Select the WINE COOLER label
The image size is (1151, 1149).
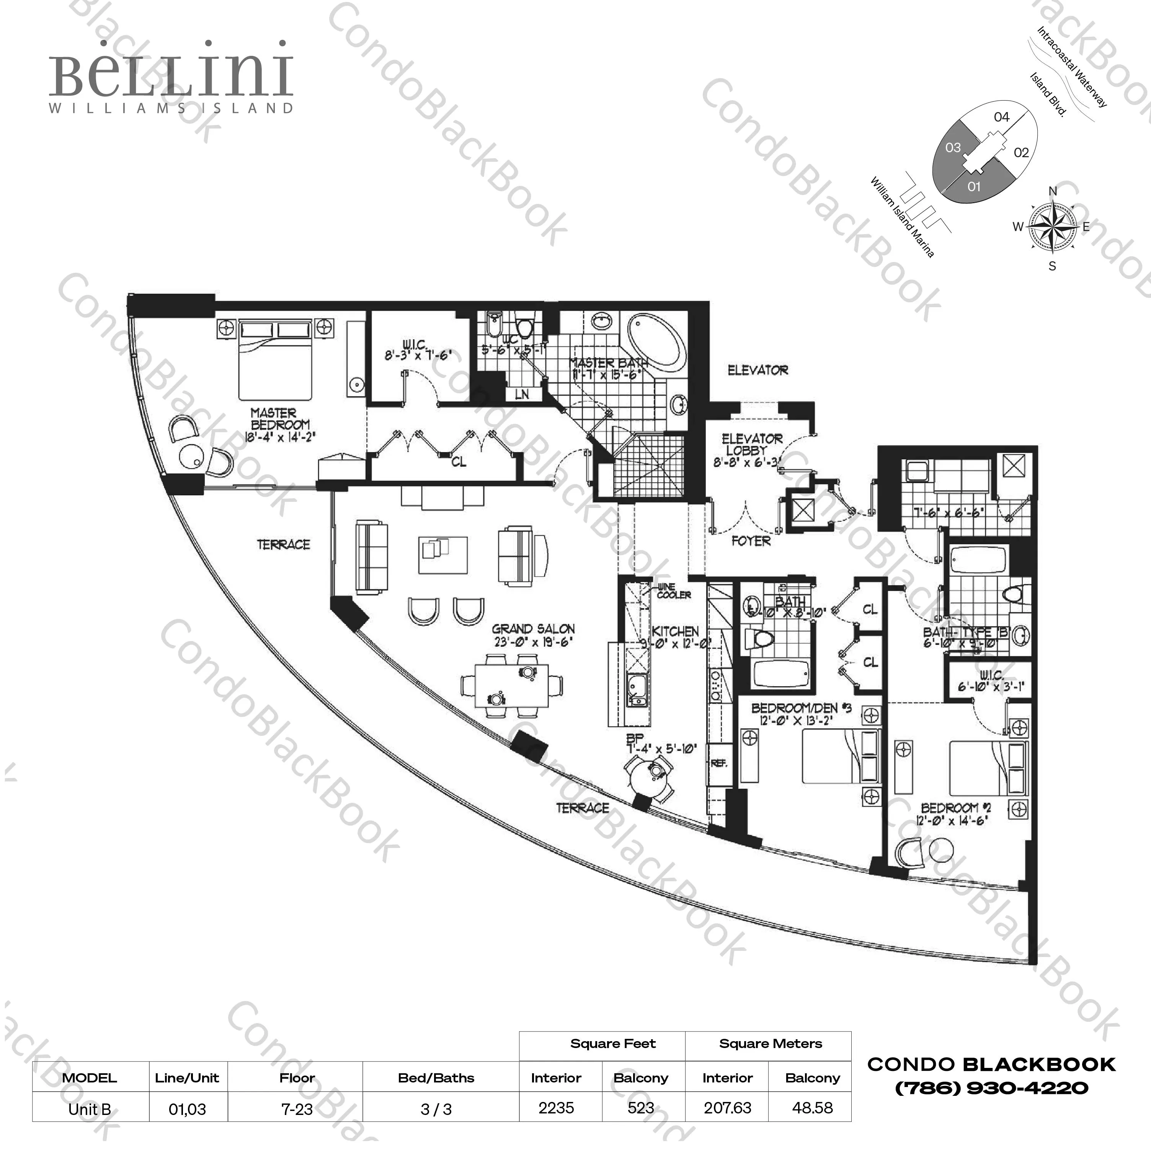(x=673, y=591)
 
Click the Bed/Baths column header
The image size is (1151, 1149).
(x=436, y=1077)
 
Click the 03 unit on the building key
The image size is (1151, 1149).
(x=953, y=147)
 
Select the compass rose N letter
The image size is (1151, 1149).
(x=1053, y=191)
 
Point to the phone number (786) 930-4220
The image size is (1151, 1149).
(x=991, y=1088)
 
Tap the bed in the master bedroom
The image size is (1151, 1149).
(x=275, y=361)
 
